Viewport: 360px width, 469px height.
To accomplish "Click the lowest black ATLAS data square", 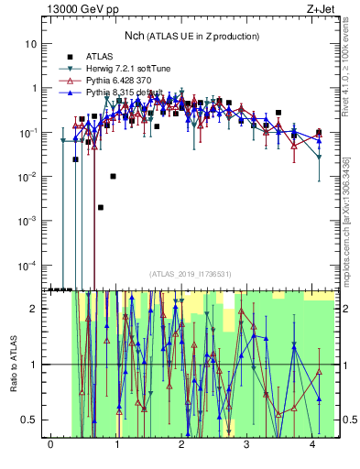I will point(101,207).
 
